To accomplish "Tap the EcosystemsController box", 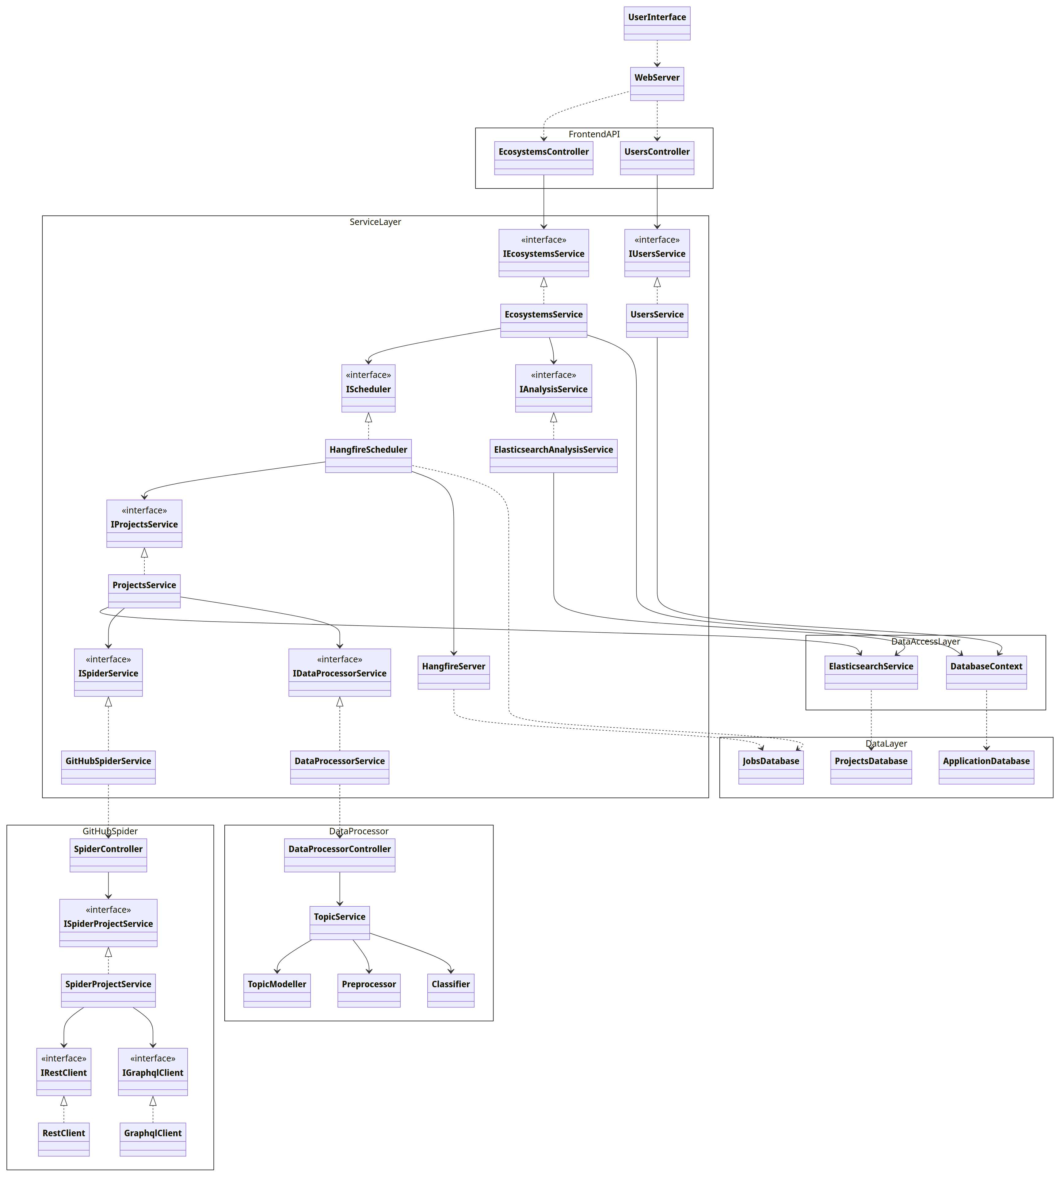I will pyautogui.click(x=543, y=158).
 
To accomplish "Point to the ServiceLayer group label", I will pyautogui.click(x=375, y=222).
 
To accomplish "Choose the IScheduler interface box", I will pyautogui.click(x=368, y=388).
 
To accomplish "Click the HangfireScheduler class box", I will pyautogui.click(x=368, y=455).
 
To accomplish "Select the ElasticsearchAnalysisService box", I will pyautogui.click(x=553, y=455).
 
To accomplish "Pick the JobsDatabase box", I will pyautogui.click(x=771, y=767).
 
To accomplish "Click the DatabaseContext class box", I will pyautogui.click(x=986, y=672).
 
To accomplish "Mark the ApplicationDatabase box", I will pyautogui.click(x=986, y=767).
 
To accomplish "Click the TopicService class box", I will pyautogui.click(x=340, y=923).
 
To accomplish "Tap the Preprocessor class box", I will pyautogui.click(x=369, y=990).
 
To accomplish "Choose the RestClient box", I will pyautogui.click(x=63, y=1139).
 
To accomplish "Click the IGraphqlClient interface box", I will pyautogui.click(x=153, y=1072).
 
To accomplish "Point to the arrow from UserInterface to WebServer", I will pyautogui.click(x=657, y=54).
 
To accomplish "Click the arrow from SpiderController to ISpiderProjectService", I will pyautogui.click(x=108, y=885).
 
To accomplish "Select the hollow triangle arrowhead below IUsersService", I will pyautogui.click(x=657, y=283).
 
